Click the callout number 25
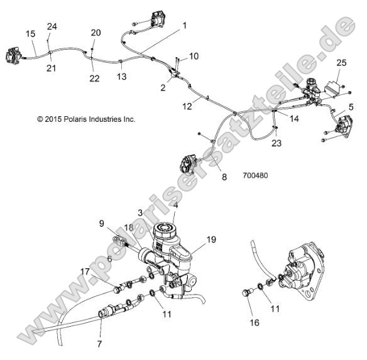[341, 63]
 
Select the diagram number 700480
[255, 176]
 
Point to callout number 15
[30, 33]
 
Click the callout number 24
[52, 26]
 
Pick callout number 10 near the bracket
[193, 56]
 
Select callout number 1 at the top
[185, 26]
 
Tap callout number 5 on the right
[351, 107]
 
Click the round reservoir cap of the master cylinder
[168, 229]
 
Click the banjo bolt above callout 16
[249, 293]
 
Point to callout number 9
[101, 222]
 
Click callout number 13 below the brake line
[121, 77]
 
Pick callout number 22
[94, 79]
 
